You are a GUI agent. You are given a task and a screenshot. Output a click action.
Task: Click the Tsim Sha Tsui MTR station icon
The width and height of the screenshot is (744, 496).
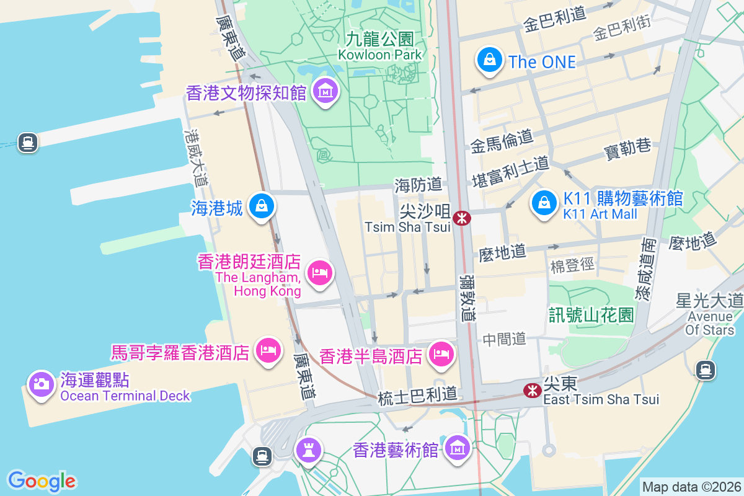click(x=461, y=218)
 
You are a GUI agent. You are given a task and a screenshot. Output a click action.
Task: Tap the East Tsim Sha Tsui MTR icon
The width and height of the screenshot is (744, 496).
click(x=531, y=390)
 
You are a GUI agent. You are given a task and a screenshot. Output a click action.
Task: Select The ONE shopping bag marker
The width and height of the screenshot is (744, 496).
click(x=489, y=60)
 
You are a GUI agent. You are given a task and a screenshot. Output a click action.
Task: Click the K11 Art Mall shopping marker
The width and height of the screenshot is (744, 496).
click(x=544, y=203)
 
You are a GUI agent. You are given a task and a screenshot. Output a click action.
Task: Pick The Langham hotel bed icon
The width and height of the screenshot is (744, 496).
click(x=320, y=272)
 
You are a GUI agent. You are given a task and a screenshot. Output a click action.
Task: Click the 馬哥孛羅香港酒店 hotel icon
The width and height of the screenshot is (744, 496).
click(x=268, y=350)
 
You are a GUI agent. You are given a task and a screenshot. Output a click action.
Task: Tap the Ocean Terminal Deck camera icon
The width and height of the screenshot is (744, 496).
click(x=42, y=383)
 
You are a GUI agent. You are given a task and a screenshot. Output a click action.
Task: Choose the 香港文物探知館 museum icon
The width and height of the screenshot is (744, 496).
click(x=324, y=92)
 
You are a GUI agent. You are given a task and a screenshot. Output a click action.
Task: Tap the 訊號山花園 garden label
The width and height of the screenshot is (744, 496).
click(x=591, y=314)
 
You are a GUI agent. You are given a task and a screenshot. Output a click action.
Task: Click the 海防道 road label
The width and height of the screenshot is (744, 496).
click(x=418, y=184)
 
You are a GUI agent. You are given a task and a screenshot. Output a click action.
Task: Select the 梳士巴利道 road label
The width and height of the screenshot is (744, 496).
click(x=417, y=394)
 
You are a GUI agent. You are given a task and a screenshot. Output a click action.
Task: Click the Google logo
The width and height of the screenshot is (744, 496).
click(x=42, y=480)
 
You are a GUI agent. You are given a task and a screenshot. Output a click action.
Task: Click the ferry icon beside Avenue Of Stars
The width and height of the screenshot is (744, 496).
click(x=704, y=371)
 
